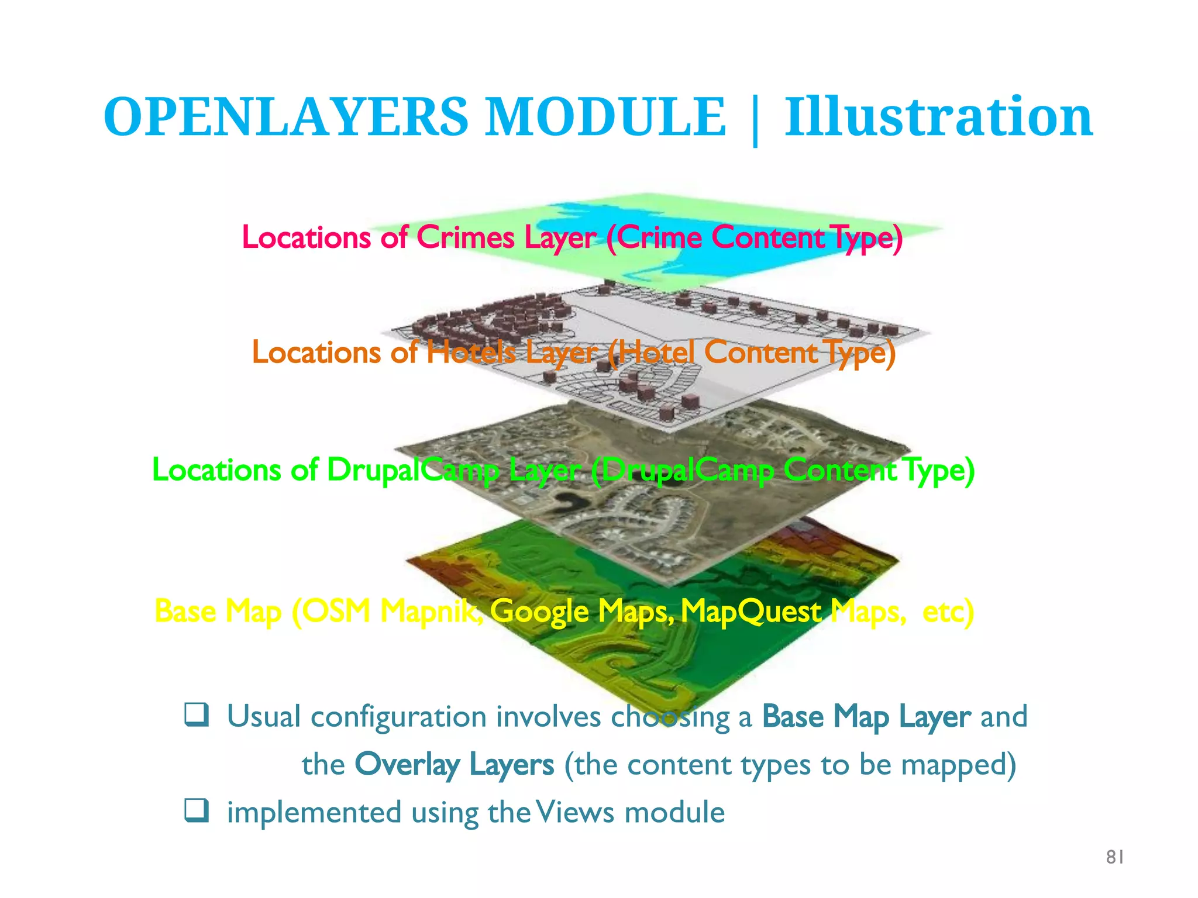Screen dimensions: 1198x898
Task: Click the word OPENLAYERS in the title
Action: click(x=286, y=117)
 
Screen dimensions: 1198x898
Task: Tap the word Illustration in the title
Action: click(x=938, y=117)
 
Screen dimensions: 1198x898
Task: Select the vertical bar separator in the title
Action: click(x=755, y=120)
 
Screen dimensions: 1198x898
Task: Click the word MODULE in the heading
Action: click(x=606, y=117)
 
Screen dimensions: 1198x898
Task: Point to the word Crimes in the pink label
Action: click(x=466, y=237)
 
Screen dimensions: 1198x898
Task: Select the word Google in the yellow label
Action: click(x=539, y=612)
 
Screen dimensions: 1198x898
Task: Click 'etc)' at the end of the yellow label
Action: click(x=948, y=612)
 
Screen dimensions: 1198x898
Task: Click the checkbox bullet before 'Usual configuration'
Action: click(x=197, y=715)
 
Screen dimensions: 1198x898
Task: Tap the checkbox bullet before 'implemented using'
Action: click(x=197, y=811)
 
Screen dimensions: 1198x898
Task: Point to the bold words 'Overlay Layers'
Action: click(x=454, y=765)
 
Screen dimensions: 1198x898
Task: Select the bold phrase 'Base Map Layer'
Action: click(x=866, y=717)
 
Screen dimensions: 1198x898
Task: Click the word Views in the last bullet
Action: click(x=574, y=812)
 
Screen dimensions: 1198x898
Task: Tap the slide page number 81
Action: click(x=1115, y=857)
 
